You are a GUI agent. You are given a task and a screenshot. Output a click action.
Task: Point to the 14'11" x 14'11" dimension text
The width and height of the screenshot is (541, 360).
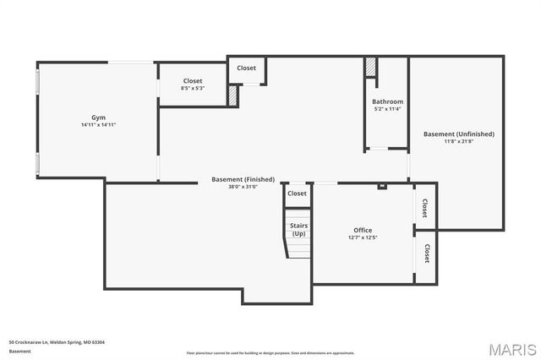pos(98,125)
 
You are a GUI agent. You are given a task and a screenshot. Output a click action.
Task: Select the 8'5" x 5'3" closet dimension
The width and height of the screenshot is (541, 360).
pos(192,89)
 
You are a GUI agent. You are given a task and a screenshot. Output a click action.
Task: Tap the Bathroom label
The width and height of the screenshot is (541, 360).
pos(387,101)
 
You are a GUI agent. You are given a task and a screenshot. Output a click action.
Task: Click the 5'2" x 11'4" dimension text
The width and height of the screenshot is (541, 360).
pos(387,109)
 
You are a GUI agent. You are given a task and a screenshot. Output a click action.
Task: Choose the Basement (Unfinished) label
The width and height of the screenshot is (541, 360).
pos(458,134)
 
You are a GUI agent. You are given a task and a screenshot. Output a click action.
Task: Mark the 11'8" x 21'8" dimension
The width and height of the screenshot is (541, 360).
pos(458,141)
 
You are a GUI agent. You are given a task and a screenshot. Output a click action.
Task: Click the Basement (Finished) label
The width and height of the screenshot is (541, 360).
pos(243,179)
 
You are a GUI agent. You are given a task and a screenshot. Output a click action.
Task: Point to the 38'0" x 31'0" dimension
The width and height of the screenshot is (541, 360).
pos(243,187)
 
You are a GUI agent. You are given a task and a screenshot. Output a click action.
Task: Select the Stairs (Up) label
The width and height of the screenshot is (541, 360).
pos(298,229)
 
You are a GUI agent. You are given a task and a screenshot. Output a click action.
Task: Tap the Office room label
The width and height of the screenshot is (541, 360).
pos(363,230)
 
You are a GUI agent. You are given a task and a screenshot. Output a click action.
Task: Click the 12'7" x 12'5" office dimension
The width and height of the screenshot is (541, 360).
pos(363,238)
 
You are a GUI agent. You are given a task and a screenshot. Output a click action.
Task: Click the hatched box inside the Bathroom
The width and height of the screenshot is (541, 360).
pos(370,68)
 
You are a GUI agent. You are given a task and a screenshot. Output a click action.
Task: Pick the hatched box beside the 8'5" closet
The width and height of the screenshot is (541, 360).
pos(232,95)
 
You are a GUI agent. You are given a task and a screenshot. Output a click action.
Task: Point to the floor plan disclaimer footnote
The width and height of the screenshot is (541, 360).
pos(270,352)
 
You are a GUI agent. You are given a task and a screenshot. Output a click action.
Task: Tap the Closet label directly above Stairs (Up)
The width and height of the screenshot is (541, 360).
pos(297,194)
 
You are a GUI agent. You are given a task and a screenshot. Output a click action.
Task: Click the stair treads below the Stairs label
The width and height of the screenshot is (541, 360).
pos(298,248)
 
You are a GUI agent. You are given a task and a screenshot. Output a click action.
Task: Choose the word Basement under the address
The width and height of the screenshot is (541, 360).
pos(19,352)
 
